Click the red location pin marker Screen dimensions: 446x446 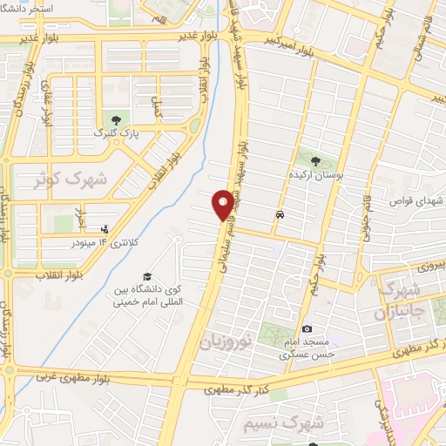(224, 205)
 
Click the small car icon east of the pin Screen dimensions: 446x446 (279, 213)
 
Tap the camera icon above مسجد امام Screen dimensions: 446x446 (307, 328)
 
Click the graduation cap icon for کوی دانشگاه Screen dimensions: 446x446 (146, 276)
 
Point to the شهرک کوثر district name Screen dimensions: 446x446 (70, 179)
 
